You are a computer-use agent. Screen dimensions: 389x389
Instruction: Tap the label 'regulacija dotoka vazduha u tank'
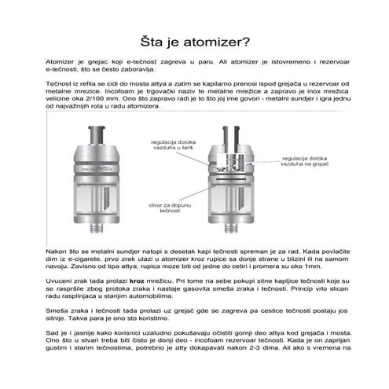[x=164, y=143]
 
